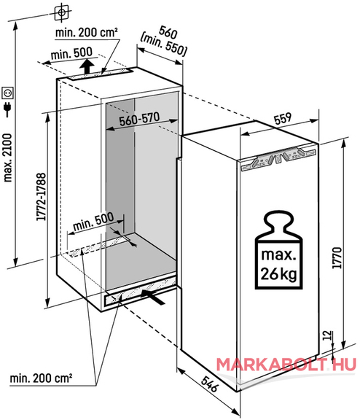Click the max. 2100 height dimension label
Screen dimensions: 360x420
[x=8, y=158]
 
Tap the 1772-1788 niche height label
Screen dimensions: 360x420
[x=41, y=197]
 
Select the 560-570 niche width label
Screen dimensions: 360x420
[x=139, y=119]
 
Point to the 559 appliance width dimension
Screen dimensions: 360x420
[x=282, y=118]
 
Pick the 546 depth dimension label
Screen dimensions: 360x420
[x=210, y=384]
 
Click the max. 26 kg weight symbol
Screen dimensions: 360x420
[x=278, y=250]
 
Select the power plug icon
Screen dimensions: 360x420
[x=7, y=109]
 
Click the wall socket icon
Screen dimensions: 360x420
[x=8, y=93]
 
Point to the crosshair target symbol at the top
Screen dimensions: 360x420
[x=61, y=12]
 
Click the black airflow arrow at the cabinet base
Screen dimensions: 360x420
[x=152, y=296]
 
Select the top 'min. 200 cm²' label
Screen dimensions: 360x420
[x=86, y=32]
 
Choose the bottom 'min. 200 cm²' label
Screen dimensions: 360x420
[x=41, y=378]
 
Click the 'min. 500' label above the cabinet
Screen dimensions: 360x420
[x=71, y=53]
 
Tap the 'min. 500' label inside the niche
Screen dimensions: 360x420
[x=93, y=222]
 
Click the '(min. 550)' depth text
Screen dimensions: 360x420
[x=163, y=44]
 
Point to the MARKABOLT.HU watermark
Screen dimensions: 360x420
[x=286, y=365]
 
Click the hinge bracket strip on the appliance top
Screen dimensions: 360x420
[x=278, y=160]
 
